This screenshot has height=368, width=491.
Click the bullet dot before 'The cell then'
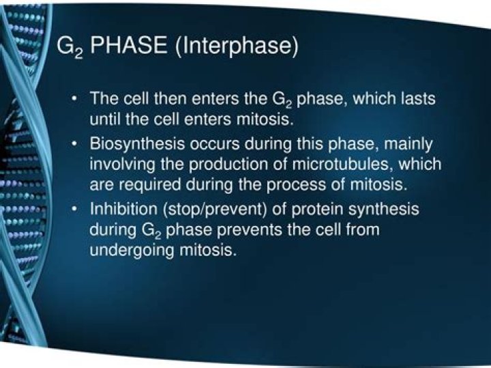[75, 98]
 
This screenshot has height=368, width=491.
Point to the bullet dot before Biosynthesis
[75, 145]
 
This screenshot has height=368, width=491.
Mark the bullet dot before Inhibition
[75, 209]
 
